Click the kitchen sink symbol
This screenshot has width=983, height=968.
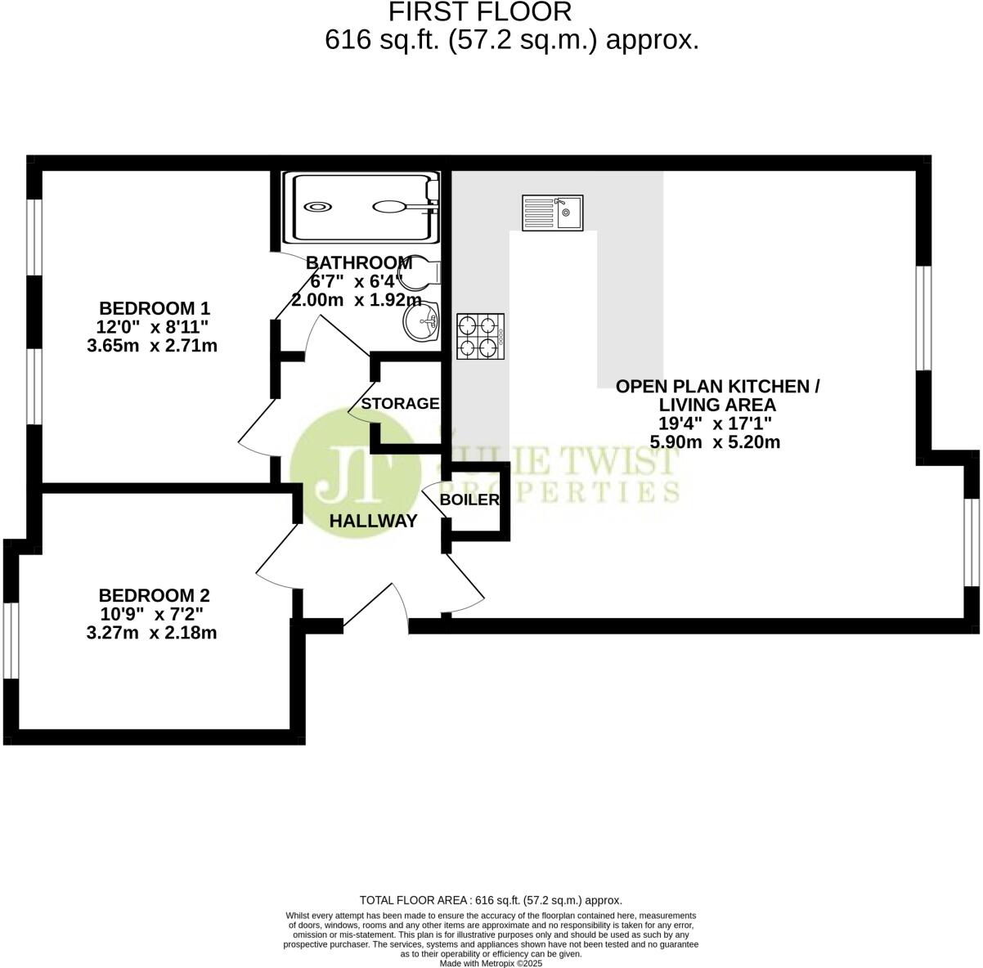pos(552,213)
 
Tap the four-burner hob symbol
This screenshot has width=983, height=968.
pos(480,336)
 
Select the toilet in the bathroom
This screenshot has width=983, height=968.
pos(423,271)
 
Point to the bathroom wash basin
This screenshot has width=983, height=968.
pos(421,321)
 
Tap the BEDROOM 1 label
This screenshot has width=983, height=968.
pos(155,308)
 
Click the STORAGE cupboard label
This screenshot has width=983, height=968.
pos(400,403)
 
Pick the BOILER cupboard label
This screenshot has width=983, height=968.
pos(469,500)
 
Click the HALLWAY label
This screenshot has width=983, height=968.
pos(373,521)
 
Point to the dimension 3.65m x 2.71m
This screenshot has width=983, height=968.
pos(152,346)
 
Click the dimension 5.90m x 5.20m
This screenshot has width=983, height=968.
pos(715,442)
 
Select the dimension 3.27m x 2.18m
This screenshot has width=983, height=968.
pos(151,632)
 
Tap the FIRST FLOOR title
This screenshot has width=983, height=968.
pos(479,12)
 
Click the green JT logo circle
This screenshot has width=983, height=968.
pos(357,474)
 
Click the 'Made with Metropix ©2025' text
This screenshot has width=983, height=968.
pos(491,963)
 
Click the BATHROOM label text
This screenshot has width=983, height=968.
pos(359,262)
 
